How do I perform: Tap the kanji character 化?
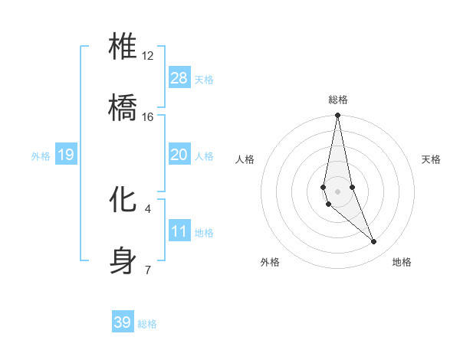click(x=123, y=198)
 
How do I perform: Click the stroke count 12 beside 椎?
click(x=147, y=56)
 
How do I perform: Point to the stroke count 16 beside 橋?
click(x=147, y=117)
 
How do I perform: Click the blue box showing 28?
click(x=179, y=78)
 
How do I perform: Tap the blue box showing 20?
click(x=179, y=155)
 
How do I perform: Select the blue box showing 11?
click(x=179, y=231)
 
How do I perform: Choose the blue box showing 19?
click(x=66, y=155)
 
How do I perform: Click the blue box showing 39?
click(x=123, y=322)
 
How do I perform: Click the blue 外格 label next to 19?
click(x=41, y=156)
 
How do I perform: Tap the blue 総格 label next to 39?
click(x=147, y=324)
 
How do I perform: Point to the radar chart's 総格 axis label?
click(x=338, y=100)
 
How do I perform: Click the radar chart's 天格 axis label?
click(x=431, y=159)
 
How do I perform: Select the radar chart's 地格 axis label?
click(x=402, y=262)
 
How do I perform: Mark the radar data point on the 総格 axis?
click(x=337, y=116)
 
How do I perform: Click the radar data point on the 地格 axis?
click(x=374, y=242)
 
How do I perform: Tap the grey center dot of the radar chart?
click(x=337, y=191)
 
